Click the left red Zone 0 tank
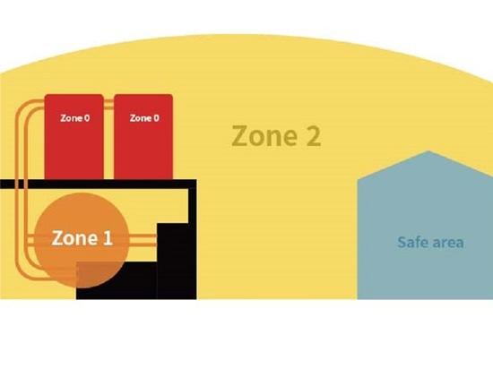pos(74,137)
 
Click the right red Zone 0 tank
pos(143,137)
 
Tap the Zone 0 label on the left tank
pos(74,118)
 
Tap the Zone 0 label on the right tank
pos(144,118)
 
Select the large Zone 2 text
pos(276,135)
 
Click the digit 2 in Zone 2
pos(314,135)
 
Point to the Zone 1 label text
pos(82,238)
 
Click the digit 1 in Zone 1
pos(108,238)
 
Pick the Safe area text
pos(430,242)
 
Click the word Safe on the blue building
pos(412,242)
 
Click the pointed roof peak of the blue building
pos(428,151)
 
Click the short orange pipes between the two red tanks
pos(108,105)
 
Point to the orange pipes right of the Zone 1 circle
pos(143,240)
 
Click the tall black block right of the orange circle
pos(177,261)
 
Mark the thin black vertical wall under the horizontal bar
pos(192,206)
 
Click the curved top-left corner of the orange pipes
pos(22,108)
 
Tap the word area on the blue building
pos(447,243)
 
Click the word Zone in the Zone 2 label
pos(265,135)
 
